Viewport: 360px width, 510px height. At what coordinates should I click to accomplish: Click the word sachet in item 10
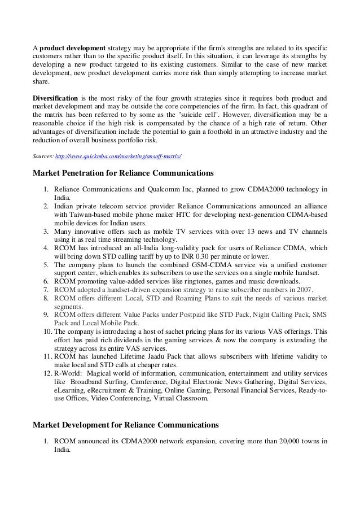click(168, 331)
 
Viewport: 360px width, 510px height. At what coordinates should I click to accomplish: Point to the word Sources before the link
click(43, 155)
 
